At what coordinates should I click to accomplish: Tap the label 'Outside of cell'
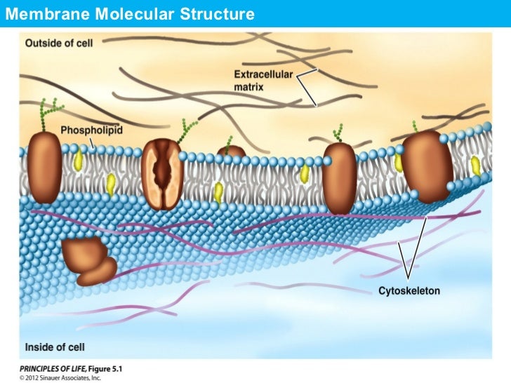[x=59, y=43]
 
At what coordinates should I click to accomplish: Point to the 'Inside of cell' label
[x=55, y=347]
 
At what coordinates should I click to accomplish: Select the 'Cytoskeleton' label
[x=409, y=290]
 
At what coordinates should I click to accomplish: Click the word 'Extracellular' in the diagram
[x=264, y=74]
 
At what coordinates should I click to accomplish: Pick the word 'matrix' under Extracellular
[x=248, y=87]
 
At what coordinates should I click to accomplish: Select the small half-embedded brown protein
[x=231, y=151]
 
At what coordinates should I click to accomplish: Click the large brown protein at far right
[x=427, y=165]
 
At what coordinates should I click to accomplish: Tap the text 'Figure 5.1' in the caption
[x=105, y=368]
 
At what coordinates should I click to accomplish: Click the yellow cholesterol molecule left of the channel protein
[x=110, y=184]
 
